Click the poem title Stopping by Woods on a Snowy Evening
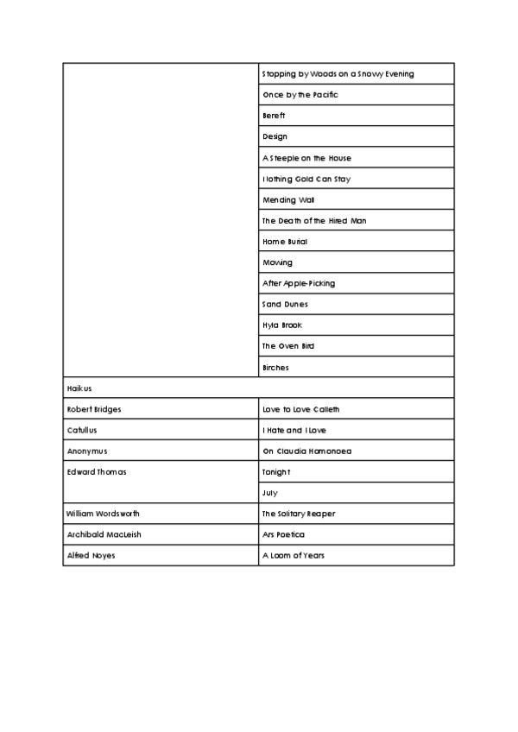click(x=338, y=74)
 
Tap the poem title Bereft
click(x=275, y=116)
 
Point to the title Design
click(x=275, y=136)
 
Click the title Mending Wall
click(x=282, y=199)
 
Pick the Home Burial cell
click(x=285, y=242)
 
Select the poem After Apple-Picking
click(x=299, y=283)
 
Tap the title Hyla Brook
click(x=282, y=325)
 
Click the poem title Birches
click(x=275, y=368)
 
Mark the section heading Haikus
click(x=79, y=388)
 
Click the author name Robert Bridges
click(x=94, y=409)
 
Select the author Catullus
click(x=84, y=430)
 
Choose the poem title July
click(x=270, y=493)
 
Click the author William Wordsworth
click(x=104, y=514)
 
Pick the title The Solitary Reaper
click(x=299, y=514)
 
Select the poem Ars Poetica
click(x=284, y=535)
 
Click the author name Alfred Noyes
click(x=91, y=556)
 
